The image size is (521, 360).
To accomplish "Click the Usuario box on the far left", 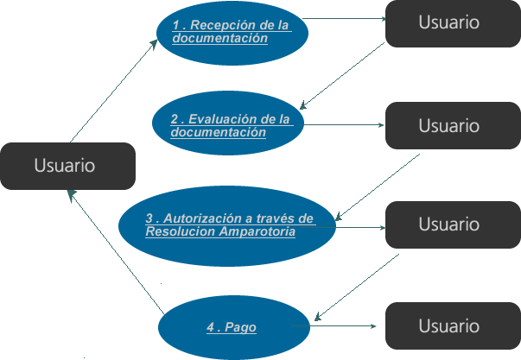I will [66, 166].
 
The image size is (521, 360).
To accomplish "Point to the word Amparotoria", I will [257, 231].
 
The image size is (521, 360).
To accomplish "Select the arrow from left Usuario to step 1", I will [112, 91].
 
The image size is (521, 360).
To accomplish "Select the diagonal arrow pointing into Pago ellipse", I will [359, 285].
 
